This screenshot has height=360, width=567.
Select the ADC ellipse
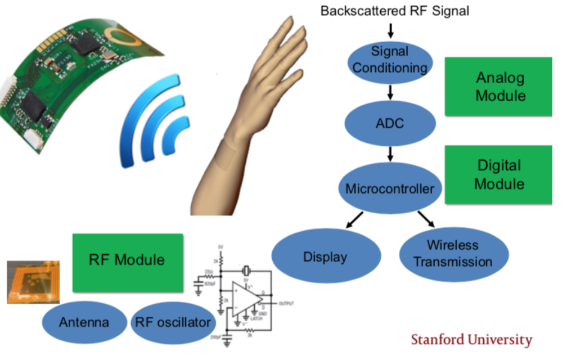pos(390,123)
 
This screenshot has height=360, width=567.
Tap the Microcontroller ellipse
pos(389,188)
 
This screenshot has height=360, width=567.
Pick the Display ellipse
pos(325,257)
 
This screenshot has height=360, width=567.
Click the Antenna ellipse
pos(84,323)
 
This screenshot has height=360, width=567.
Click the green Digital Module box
pos(499,174)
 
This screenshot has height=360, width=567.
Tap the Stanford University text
pos(471,340)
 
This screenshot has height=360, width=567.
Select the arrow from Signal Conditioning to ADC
pos(390,91)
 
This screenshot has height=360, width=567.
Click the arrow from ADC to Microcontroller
pos(390,154)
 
